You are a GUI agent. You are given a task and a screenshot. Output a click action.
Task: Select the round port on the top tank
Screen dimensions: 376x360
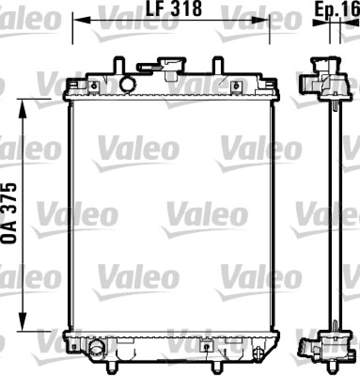[x=127, y=84]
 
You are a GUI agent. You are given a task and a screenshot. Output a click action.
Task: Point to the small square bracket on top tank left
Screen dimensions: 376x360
[x=94, y=86]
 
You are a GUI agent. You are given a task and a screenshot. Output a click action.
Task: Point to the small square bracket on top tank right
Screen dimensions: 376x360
[x=236, y=86]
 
